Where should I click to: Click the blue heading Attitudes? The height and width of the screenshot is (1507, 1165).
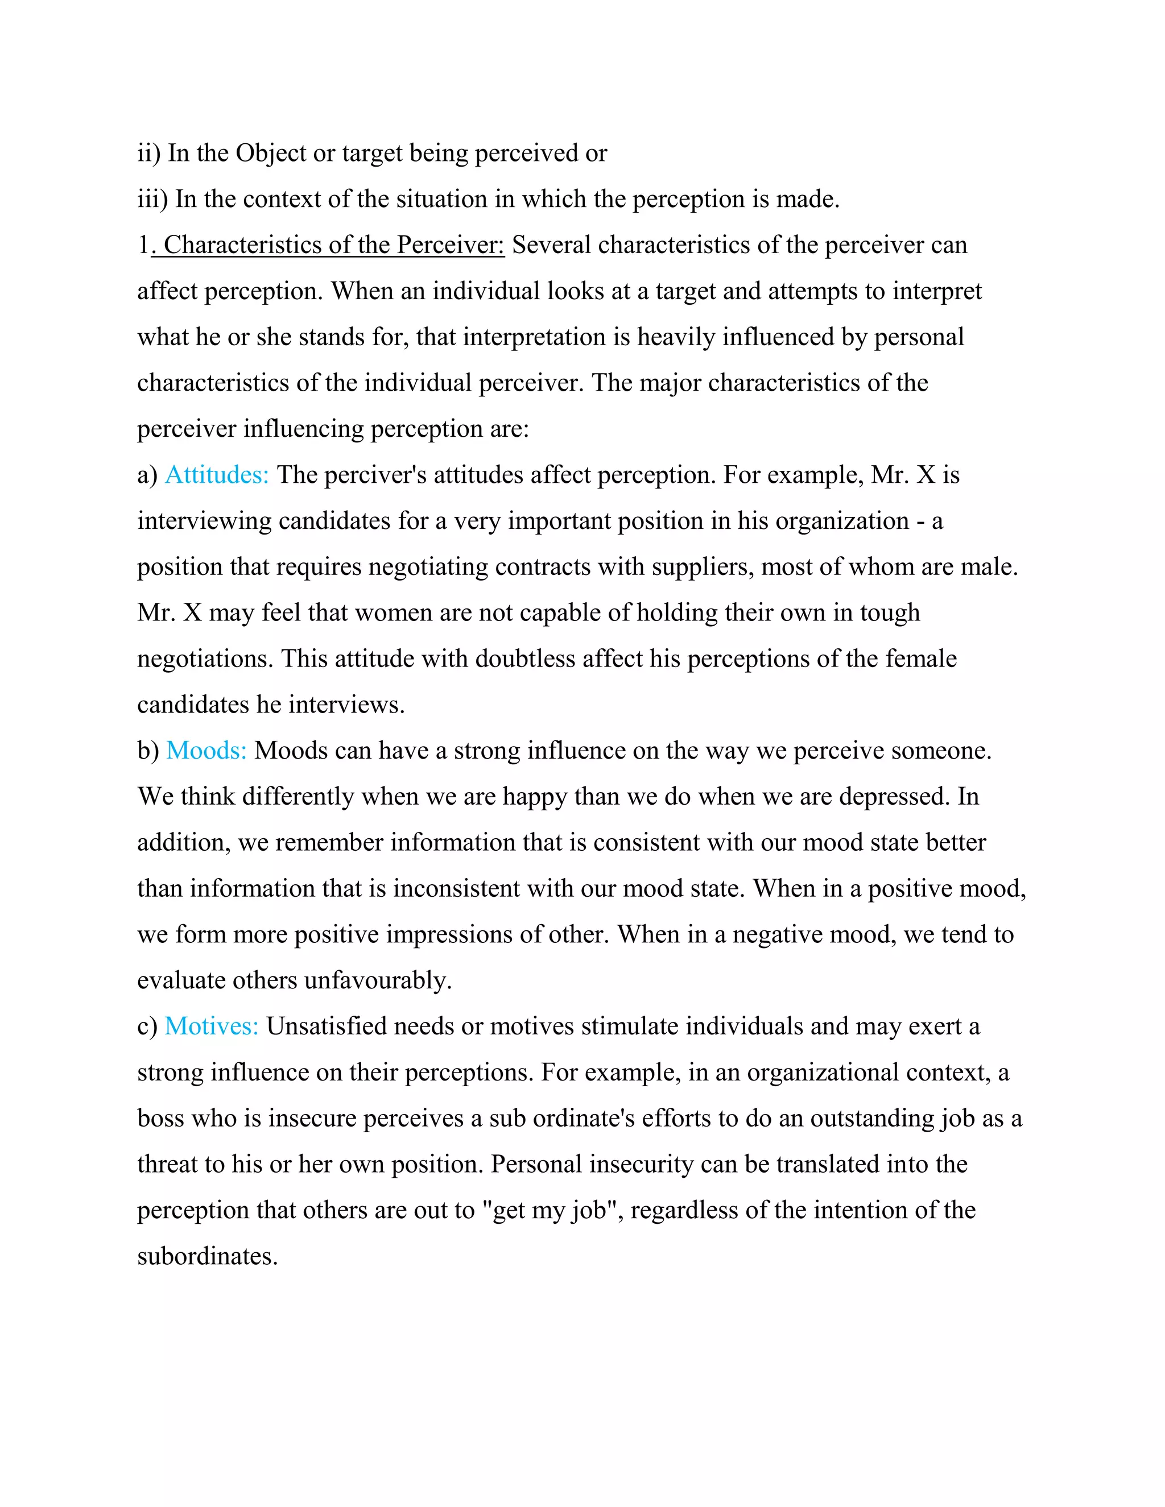point(217,475)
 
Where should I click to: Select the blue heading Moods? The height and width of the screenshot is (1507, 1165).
point(206,751)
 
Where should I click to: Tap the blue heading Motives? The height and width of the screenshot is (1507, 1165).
point(211,1026)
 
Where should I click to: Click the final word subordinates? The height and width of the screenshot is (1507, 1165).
point(207,1257)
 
